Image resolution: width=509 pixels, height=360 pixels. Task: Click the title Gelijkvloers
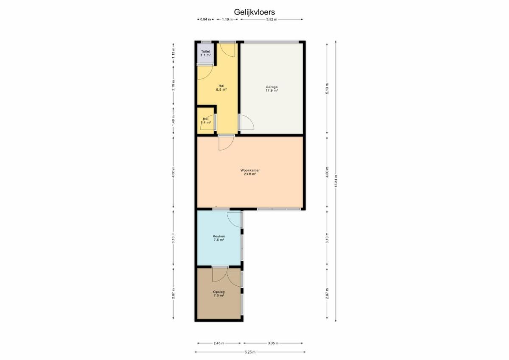[x=254, y=12]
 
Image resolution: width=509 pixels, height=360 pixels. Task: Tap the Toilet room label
[x=205, y=53]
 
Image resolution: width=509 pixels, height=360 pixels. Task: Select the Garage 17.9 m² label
[x=272, y=89]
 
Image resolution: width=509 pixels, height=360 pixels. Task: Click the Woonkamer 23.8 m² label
[x=250, y=172]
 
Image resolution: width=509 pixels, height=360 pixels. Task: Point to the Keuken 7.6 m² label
[x=219, y=238]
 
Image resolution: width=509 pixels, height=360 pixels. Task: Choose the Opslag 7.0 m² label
[x=219, y=294]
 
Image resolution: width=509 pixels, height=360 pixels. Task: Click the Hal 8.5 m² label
[x=221, y=88]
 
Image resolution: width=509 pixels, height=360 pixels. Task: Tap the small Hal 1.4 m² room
[x=206, y=120]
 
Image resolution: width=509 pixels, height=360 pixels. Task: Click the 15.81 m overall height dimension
[x=336, y=181]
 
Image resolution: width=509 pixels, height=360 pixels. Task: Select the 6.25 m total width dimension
[x=250, y=352]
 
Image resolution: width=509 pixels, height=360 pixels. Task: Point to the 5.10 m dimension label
[x=327, y=89]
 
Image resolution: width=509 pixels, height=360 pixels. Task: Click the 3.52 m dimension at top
[x=272, y=20]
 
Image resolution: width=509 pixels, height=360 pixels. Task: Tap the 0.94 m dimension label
[x=205, y=20]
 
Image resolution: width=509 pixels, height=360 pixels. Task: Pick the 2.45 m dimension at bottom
[x=219, y=343]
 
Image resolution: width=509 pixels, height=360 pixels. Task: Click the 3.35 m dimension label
[x=273, y=343]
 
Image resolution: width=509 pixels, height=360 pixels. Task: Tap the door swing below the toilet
[x=205, y=73]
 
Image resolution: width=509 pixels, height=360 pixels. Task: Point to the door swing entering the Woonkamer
[x=227, y=143]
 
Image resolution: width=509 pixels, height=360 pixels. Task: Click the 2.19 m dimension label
[x=173, y=86]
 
